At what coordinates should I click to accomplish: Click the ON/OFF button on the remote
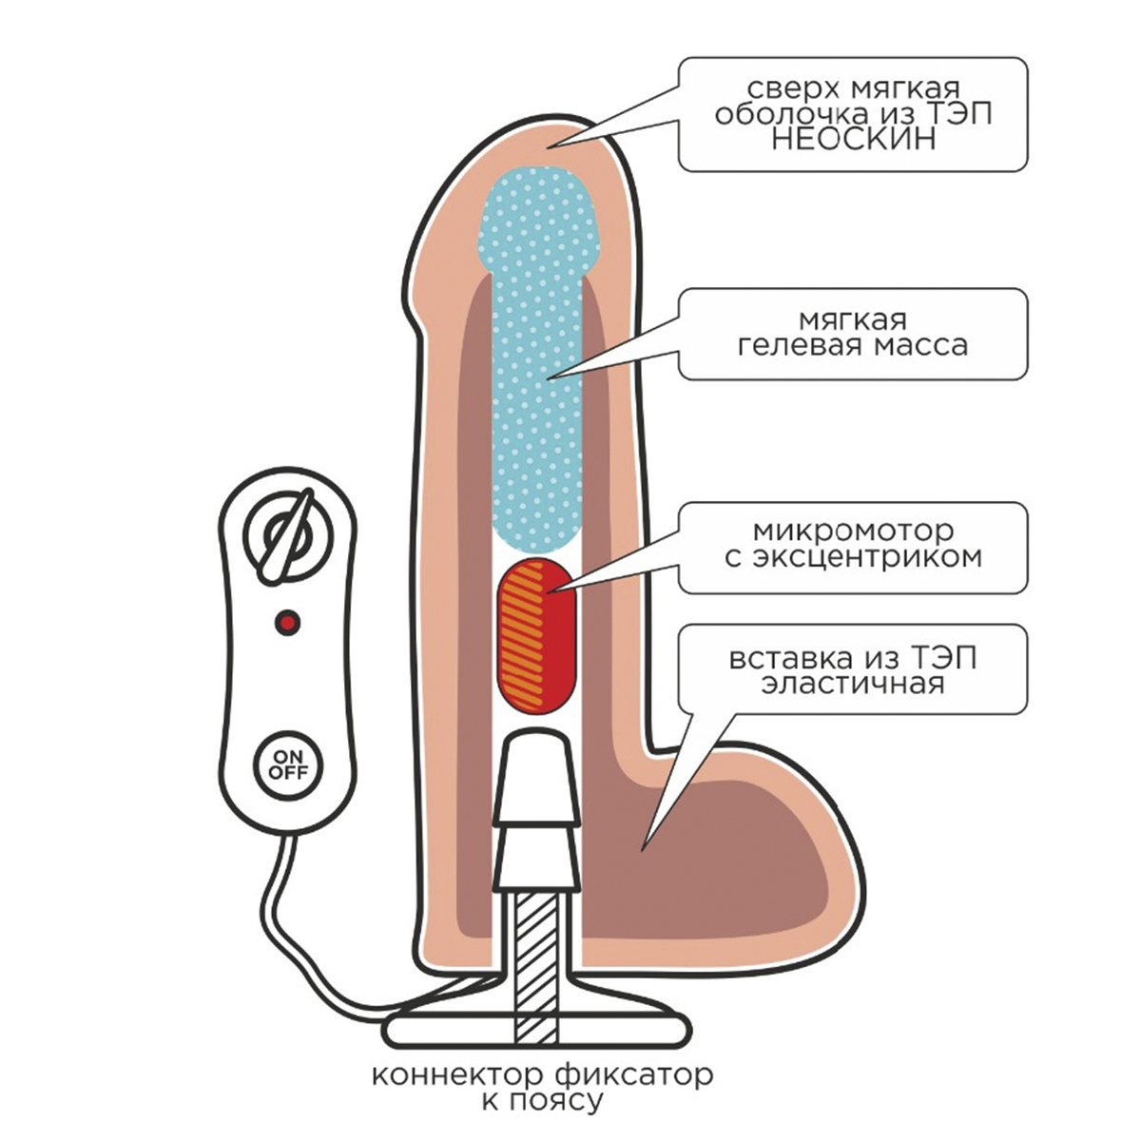287,764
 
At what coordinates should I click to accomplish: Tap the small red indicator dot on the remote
287,623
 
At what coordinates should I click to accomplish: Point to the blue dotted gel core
537,361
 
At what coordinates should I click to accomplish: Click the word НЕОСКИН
852,140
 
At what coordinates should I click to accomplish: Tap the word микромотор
852,531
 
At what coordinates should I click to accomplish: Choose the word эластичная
852,684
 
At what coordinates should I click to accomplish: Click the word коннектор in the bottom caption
455,1076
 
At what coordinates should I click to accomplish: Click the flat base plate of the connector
534,1030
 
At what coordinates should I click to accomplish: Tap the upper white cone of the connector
536,770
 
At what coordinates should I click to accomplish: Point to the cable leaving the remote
285,913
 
